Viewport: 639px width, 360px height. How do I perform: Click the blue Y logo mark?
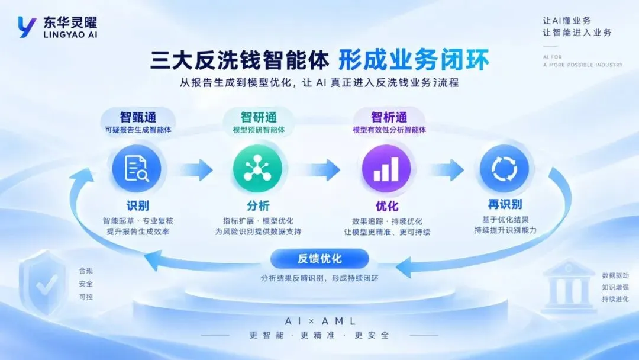27,27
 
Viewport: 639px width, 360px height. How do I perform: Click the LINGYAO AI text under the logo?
70,35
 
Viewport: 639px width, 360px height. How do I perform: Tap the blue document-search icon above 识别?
137,168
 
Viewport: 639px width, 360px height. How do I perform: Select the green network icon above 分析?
257,168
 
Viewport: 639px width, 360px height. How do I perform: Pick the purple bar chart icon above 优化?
386,168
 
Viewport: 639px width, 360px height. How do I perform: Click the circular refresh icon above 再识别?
504,168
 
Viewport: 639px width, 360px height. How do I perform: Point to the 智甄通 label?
138,117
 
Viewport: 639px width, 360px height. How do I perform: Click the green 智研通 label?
259,117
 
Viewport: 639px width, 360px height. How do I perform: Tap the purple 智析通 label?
389,117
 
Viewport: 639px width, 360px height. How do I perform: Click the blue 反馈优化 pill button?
319,259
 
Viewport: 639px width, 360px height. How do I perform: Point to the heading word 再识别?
505,204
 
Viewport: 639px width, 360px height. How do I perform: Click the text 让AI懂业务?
566,21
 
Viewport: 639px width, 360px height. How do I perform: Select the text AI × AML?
320,322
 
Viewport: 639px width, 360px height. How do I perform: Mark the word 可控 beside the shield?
86,297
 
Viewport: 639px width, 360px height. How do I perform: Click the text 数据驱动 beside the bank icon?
615,275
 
